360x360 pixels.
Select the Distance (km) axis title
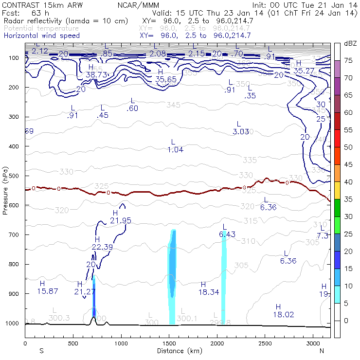pyautogui.click(x=178, y=351)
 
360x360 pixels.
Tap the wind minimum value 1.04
pyautogui.click(x=175, y=150)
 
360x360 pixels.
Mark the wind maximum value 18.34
pyautogui.click(x=209, y=292)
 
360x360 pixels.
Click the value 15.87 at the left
pyautogui.click(x=48, y=291)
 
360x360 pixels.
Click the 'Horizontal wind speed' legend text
pyautogui.click(x=48, y=36)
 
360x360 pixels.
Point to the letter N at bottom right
pyautogui.click(x=322, y=351)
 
